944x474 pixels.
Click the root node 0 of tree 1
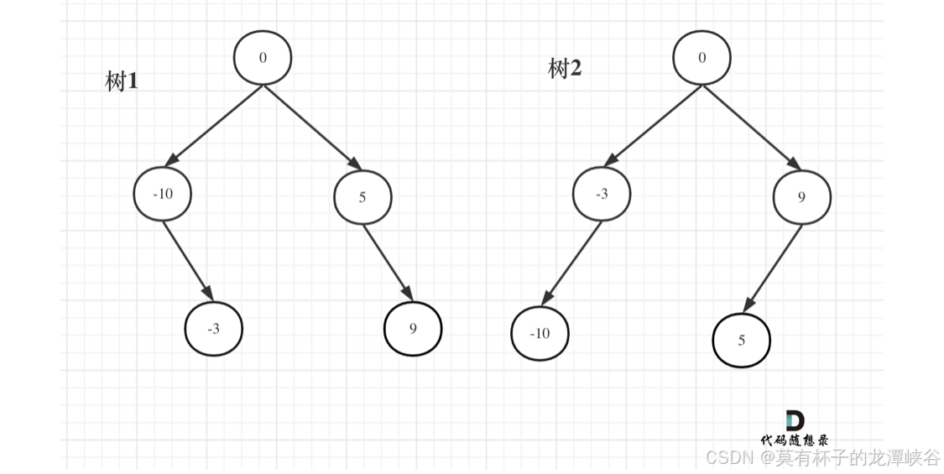pyautogui.click(x=263, y=58)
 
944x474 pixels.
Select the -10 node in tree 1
pyautogui.click(x=163, y=194)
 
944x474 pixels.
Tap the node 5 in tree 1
pyautogui.click(x=362, y=197)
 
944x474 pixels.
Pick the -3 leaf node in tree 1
pyautogui.click(x=213, y=328)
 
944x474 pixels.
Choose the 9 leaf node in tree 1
pyautogui.click(x=413, y=328)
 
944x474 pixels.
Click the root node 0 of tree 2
pyautogui.click(x=702, y=58)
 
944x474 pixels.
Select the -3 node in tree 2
pyautogui.click(x=602, y=195)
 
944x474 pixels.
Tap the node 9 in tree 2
pyautogui.click(x=802, y=197)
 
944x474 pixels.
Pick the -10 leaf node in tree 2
pyautogui.click(x=540, y=333)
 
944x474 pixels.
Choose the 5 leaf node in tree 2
pyautogui.click(x=741, y=340)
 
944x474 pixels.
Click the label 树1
pyautogui.click(x=122, y=81)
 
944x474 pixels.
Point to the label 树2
pyautogui.click(x=565, y=69)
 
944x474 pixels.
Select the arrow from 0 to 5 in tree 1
pyautogui.click(x=312, y=126)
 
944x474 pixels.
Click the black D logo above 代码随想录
pyautogui.click(x=795, y=420)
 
